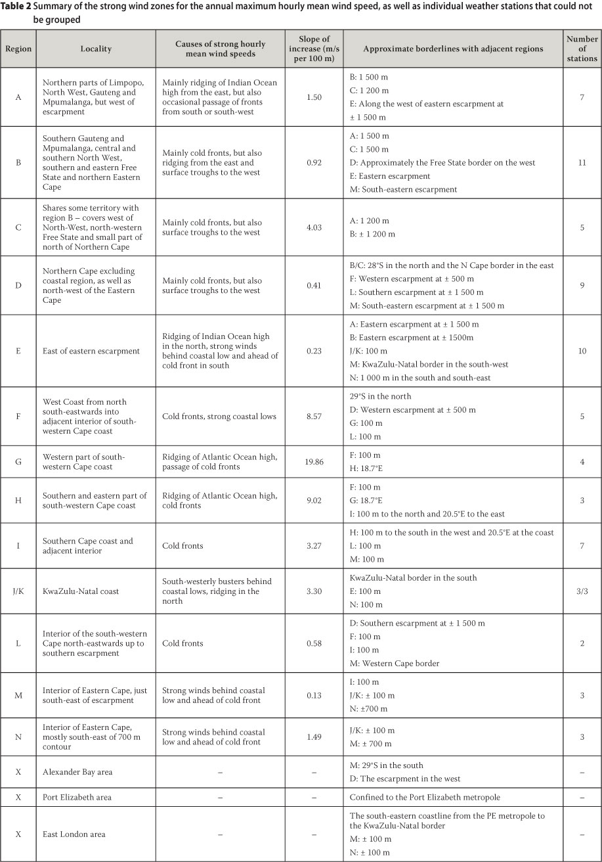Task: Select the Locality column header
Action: pyautogui.click(x=96, y=49)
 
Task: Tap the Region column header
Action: pyautogui.click(x=18, y=49)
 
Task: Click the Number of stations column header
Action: pyautogui.click(x=582, y=49)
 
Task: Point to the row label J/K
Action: pyautogui.click(x=18, y=591)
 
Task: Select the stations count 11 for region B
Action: pyautogui.click(x=582, y=162)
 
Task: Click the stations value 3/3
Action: pyautogui.click(x=582, y=591)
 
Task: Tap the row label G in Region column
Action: pyautogui.click(x=18, y=462)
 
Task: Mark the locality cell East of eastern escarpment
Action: pyautogui.click(x=91, y=351)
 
